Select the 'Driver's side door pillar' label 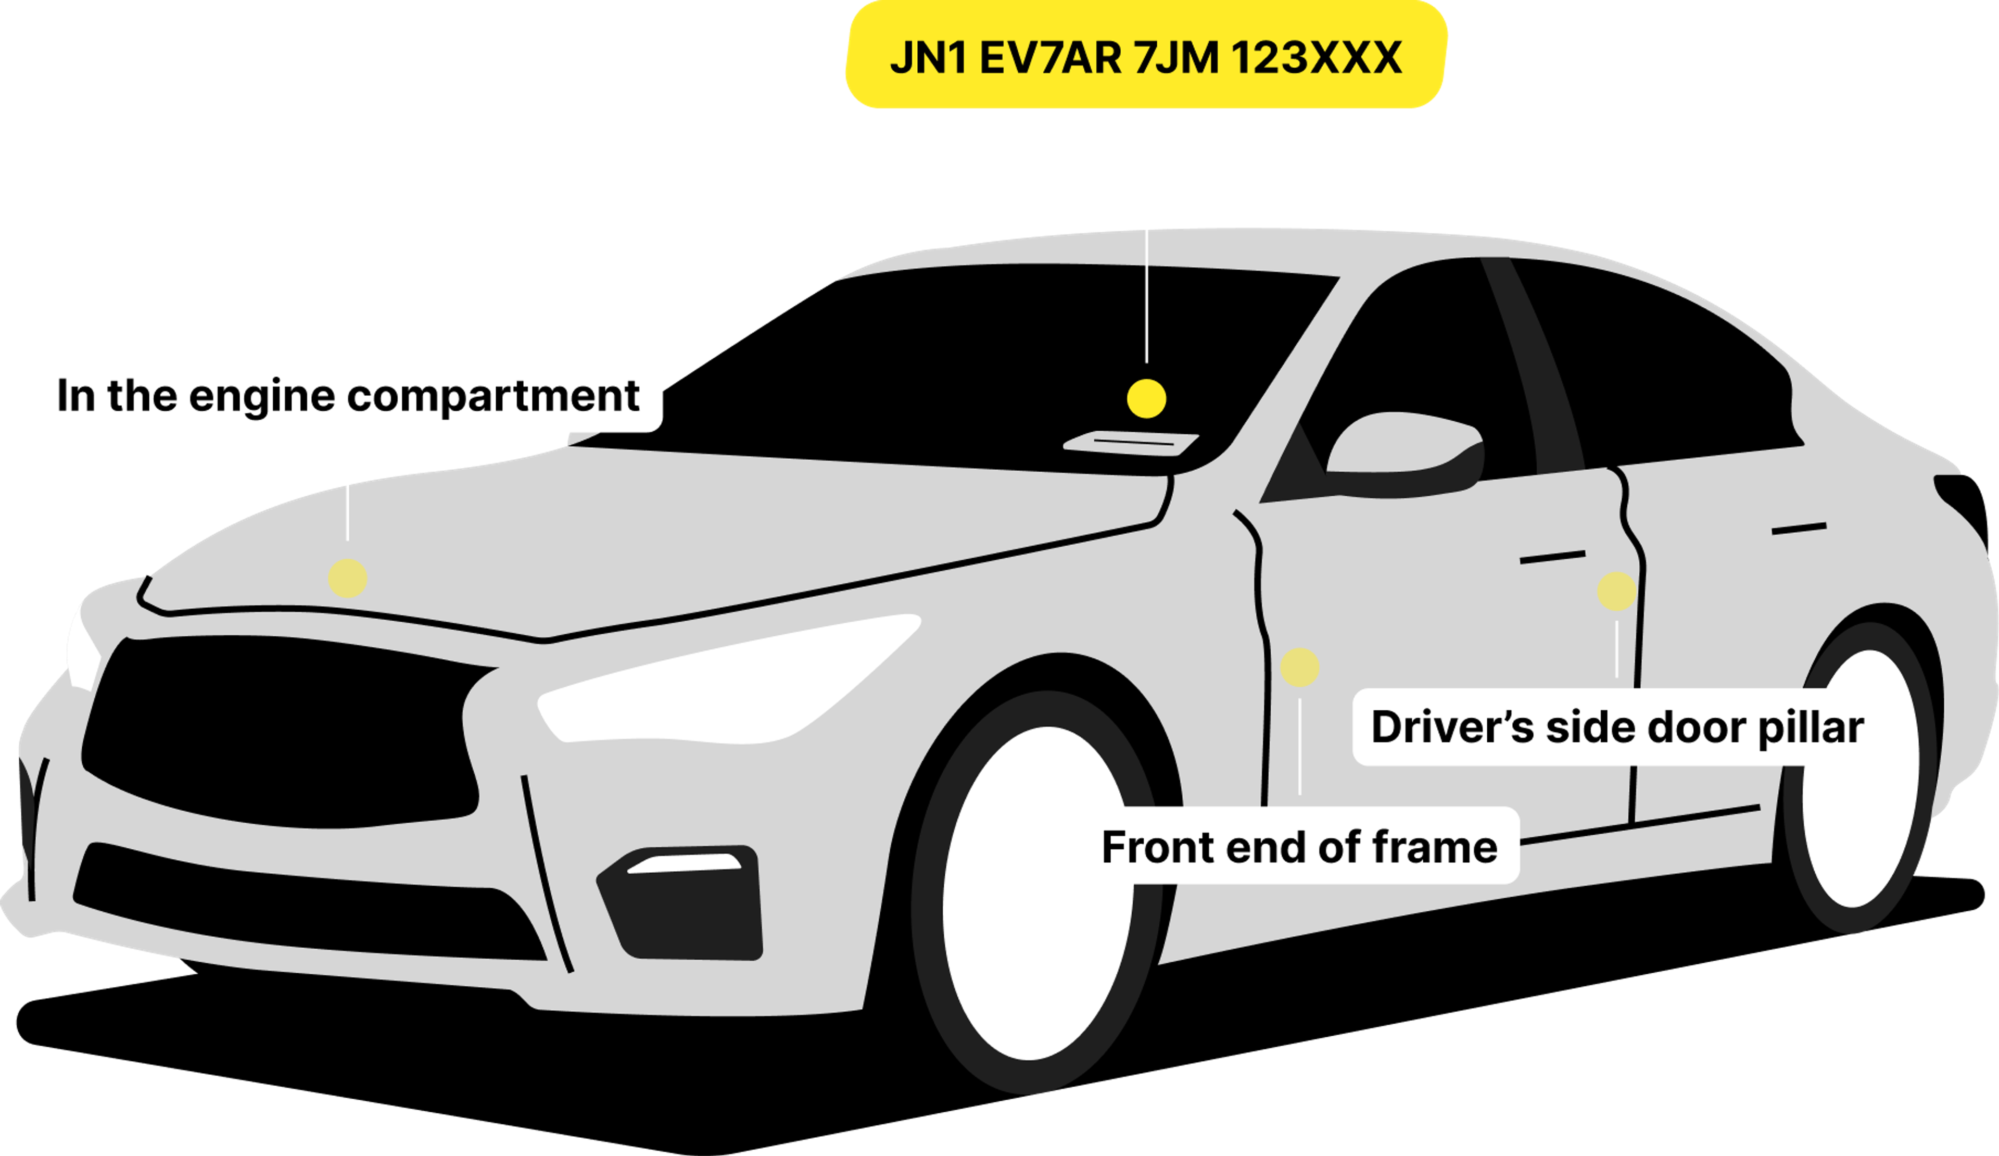[x=1617, y=727]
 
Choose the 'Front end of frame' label [x=1299, y=847]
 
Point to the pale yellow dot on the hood [x=347, y=577]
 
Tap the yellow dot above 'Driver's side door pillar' [x=1616, y=591]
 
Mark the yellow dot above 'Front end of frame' [x=1299, y=667]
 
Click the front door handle [x=1552, y=558]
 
